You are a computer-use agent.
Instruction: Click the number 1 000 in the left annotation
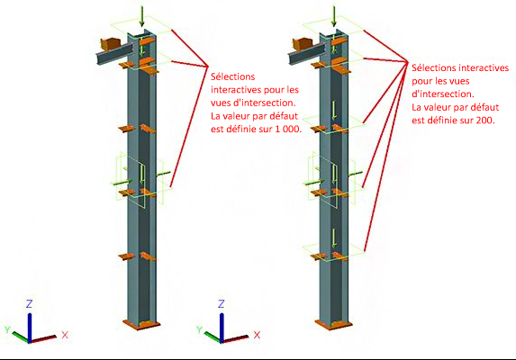(287, 130)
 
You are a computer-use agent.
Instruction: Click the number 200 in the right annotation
(485, 121)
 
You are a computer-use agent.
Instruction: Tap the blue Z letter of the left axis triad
(29, 304)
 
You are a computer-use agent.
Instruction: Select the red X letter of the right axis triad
(257, 335)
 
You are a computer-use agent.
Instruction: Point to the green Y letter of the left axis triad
(7, 329)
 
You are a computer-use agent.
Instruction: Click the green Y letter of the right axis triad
(199, 329)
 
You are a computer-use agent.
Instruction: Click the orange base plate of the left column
(141, 324)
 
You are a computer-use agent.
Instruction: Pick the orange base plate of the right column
(333, 325)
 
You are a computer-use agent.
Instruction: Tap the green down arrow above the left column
(142, 16)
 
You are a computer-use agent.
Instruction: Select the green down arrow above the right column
(334, 16)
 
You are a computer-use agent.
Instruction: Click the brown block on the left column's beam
(111, 44)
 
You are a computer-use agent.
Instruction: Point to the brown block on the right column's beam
(303, 44)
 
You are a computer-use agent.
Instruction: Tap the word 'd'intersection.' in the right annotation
(443, 94)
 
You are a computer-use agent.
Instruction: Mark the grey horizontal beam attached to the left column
(114, 54)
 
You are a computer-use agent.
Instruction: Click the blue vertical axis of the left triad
(30, 328)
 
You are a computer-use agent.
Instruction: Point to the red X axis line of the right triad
(235, 339)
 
